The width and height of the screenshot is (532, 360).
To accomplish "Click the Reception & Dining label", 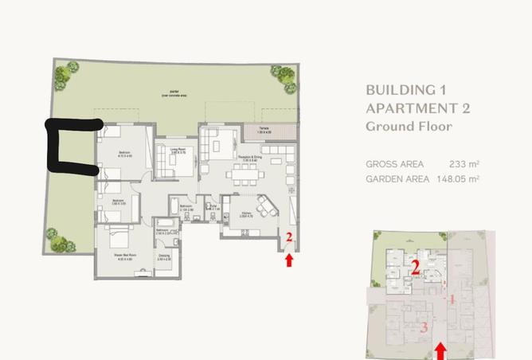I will coord(249,157).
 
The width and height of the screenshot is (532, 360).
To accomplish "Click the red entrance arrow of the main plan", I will coord(289,258).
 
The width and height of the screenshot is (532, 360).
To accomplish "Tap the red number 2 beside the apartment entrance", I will coord(289,237).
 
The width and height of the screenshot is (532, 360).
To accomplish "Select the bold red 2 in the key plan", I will coord(415,268).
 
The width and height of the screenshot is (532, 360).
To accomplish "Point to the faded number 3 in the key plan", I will coord(424,327).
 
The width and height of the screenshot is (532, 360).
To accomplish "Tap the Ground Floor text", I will coord(409,126).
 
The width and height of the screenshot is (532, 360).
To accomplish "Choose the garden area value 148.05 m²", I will coord(457,179).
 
